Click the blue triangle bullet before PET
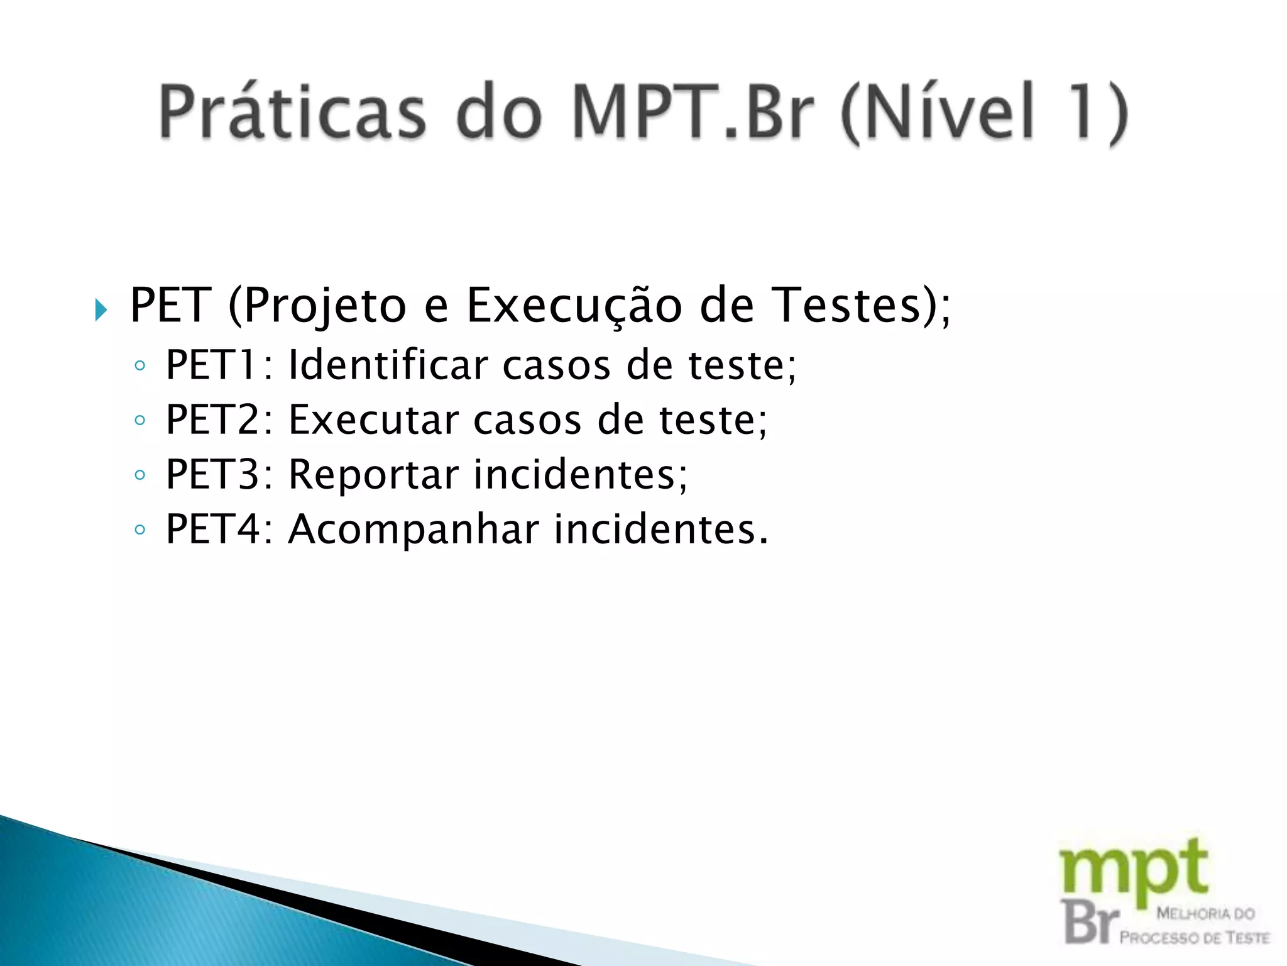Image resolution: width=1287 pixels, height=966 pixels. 101,309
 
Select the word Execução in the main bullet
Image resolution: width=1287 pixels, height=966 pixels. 574,306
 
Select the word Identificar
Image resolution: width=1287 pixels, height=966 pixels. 388,365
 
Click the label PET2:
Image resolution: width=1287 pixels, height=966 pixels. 219,419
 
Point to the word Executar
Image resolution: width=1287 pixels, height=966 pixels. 373,419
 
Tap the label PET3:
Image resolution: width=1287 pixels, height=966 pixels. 219,474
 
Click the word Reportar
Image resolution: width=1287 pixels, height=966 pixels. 373,474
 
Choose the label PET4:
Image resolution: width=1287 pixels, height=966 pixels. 219,529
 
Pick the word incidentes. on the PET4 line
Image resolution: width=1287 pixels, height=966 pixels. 661,529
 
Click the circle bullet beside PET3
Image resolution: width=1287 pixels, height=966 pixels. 140,475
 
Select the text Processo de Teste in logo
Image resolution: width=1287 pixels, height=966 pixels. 1194,938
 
